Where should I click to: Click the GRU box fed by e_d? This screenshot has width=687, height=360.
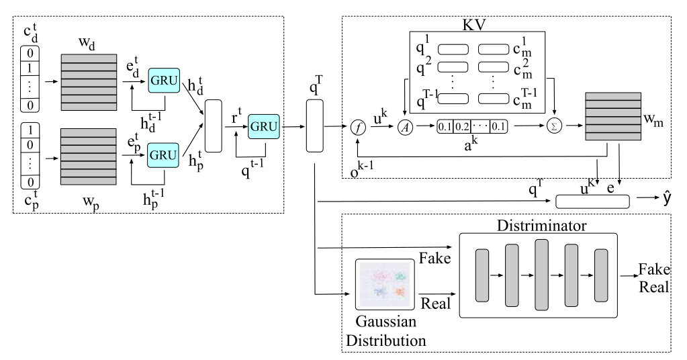coord(164,80)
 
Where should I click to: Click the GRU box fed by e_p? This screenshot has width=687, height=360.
coord(163,155)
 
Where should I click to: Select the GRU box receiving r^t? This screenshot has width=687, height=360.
coord(264,126)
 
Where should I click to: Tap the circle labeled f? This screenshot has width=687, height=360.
coord(359,128)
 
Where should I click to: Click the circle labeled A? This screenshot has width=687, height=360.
coord(405,127)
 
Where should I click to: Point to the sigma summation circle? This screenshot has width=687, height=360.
coord(554,126)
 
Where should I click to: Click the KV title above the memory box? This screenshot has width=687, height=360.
coord(474,25)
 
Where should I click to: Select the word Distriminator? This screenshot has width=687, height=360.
coord(541,226)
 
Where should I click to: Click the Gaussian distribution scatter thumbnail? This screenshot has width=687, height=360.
coord(385,284)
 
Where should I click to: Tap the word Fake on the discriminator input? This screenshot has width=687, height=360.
coord(434,258)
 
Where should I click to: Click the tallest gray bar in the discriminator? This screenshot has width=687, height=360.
coord(541,275)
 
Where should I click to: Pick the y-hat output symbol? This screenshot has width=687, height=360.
coord(666,198)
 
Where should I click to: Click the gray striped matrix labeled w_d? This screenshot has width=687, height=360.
coord(89,83)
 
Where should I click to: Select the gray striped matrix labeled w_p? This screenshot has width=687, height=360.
coord(89,156)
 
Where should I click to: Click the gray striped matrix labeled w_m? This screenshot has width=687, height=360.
coord(613,116)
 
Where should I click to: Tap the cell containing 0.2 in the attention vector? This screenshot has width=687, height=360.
coord(462,127)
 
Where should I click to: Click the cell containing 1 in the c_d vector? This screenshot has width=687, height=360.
coord(30,69)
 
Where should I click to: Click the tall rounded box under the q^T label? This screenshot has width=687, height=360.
coord(314,126)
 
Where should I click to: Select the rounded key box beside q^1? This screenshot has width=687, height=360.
coord(453,49)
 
